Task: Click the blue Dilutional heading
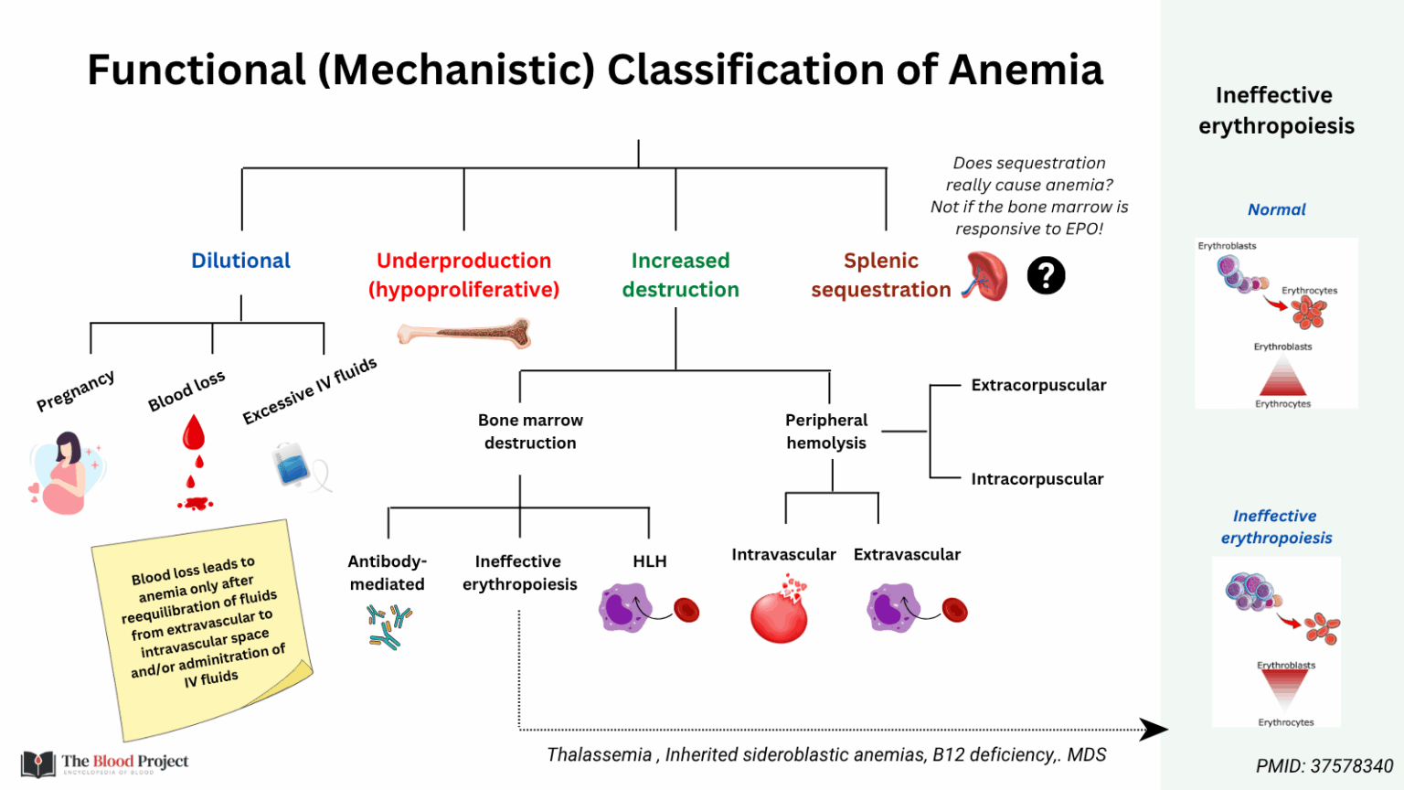(240, 261)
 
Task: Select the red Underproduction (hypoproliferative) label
(463, 275)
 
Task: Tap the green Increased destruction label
(680, 275)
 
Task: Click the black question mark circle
(1046, 275)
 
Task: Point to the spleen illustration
(985, 276)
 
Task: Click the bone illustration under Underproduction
(464, 334)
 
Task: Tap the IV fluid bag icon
(293, 464)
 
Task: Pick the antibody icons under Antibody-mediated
(388, 626)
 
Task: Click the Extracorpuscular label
(1038, 385)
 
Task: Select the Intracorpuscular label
(1037, 479)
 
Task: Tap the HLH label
(650, 561)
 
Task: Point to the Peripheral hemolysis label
(826, 432)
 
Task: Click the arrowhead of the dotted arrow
(1155, 730)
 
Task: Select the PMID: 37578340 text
(1324, 766)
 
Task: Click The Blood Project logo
(105, 763)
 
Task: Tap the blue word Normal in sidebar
(1276, 209)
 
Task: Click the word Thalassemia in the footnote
(599, 755)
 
